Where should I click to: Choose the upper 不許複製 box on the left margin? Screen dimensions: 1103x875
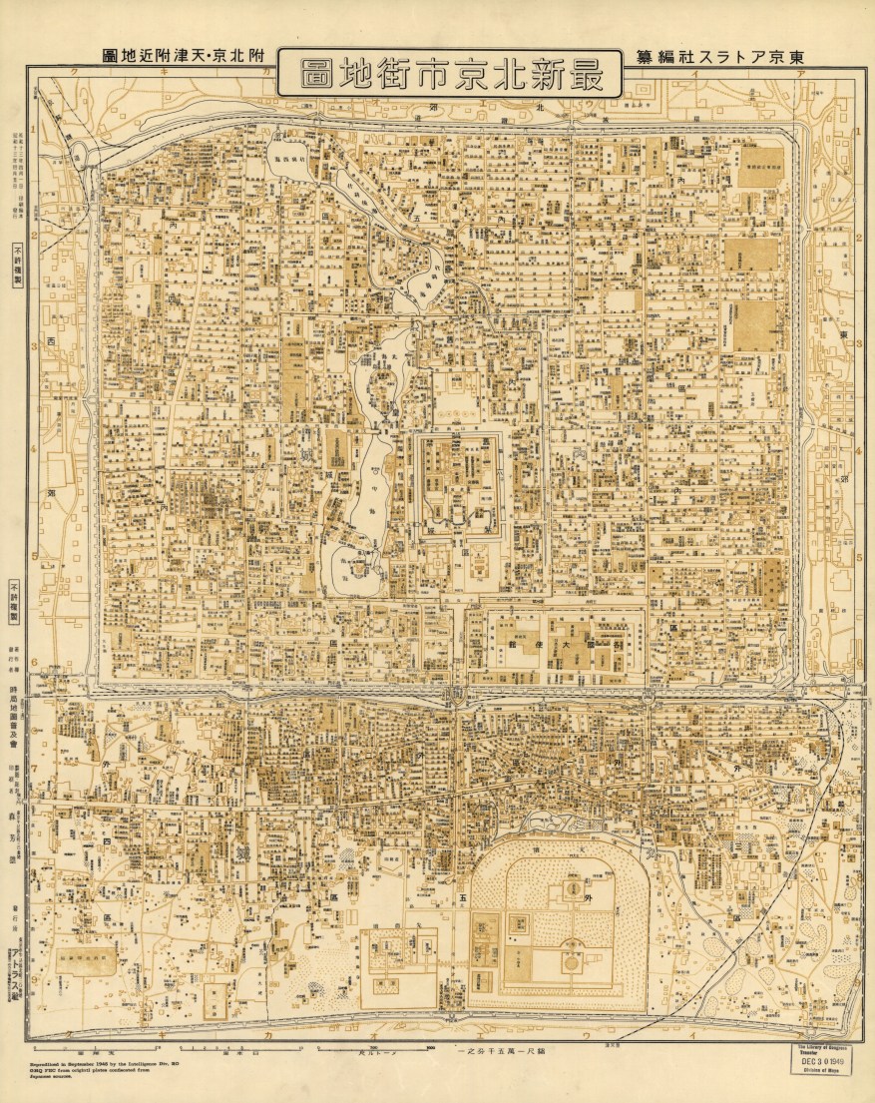pyautogui.click(x=17, y=265)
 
